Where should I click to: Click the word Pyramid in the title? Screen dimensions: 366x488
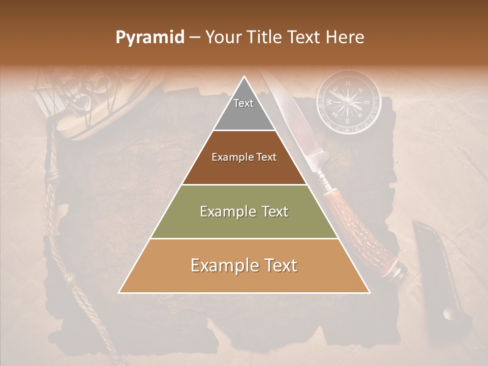[149, 38]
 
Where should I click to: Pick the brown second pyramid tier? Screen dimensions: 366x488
[244, 158]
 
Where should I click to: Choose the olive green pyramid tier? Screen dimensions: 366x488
[244, 211]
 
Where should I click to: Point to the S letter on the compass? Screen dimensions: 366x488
[348, 121]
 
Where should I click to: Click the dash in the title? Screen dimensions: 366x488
[195, 38]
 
